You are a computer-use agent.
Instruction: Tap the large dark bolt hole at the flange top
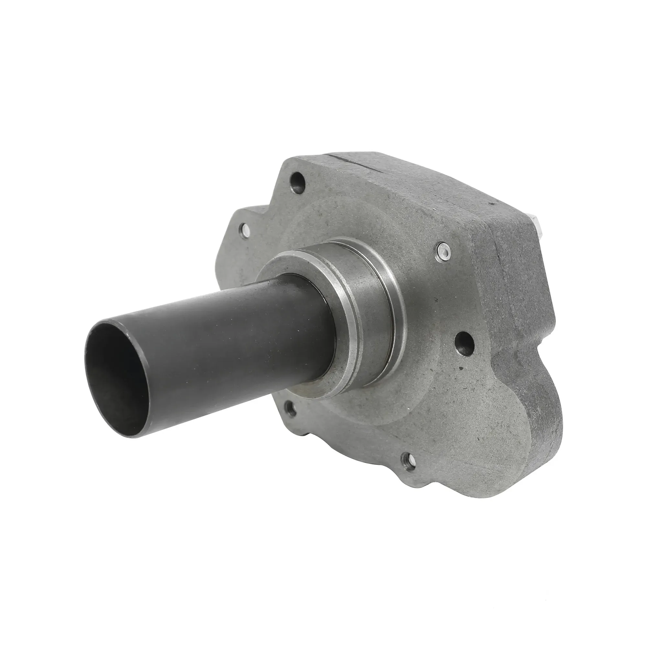pyautogui.click(x=298, y=181)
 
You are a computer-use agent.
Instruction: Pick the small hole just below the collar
pyautogui.click(x=290, y=407)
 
